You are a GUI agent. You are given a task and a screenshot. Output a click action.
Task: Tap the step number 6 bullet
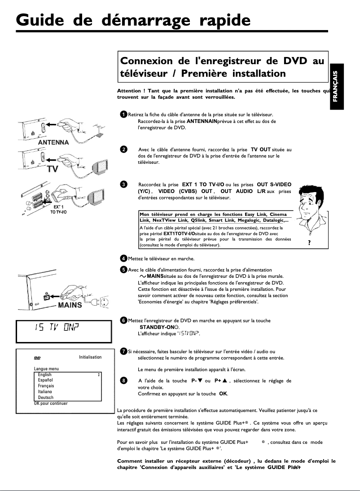[123, 320]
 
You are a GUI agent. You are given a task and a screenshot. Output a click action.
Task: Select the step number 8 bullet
[123, 381]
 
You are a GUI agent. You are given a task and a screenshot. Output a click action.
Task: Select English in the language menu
[45, 374]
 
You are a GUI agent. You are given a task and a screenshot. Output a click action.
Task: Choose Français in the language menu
[46, 386]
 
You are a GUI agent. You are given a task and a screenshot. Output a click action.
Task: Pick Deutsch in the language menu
[46, 398]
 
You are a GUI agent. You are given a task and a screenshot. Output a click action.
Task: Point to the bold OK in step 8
[223, 394]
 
